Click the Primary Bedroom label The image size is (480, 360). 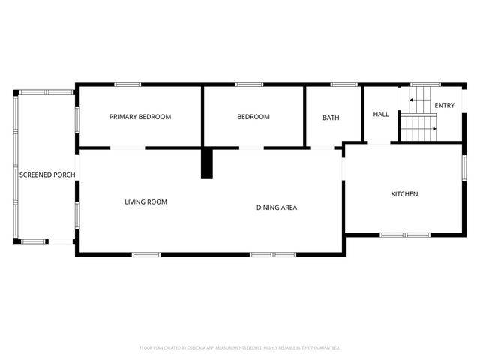pyautogui.click(x=140, y=117)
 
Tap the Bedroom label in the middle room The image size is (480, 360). pyautogui.click(x=253, y=117)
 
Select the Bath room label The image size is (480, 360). pyautogui.click(x=331, y=118)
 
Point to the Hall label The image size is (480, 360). pyautogui.click(x=381, y=114)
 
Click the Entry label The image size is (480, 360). pyautogui.click(x=444, y=106)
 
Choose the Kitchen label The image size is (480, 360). pyautogui.click(x=404, y=194)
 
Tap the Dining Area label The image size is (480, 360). pyautogui.click(x=277, y=208)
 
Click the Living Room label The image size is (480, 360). pyautogui.click(x=145, y=202)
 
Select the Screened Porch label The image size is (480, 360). pyautogui.click(x=46, y=175)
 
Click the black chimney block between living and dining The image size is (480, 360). pyautogui.click(x=207, y=163)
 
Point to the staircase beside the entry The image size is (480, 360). pyautogui.click(x=418, y=116)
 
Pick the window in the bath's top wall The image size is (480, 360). pyautogui.click(x=343, y=84)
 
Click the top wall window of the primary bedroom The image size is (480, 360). pyautogui.click(x=127, y=84)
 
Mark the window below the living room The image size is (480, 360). pyautogui.click(x=146, y=254)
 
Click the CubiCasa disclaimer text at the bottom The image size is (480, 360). pyautogui.click(x=240, y=348)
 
